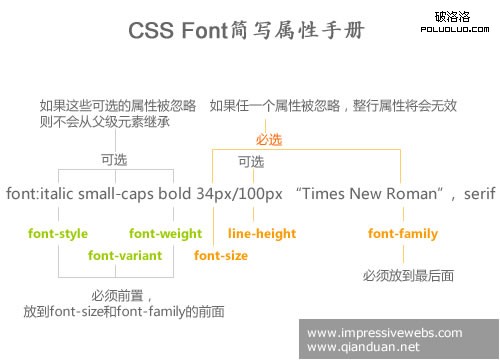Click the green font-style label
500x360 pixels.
pyautogui.click(x=58, y=234)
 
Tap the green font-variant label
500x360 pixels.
pyautogui.click(x=125, y=256)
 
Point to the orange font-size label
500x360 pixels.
pyautogui.click(x=221, y=256)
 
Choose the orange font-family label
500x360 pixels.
pyautogui.click(x=403, y=234)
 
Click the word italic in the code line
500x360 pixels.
pyautogui.click(x=53, y=192)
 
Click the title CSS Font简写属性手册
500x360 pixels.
pyautogui.click(x=247, y=32)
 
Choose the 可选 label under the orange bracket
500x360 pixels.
pyautogui.click(x=251, y=161)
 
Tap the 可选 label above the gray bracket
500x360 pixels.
pyautogui.click(x=113, y=159)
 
